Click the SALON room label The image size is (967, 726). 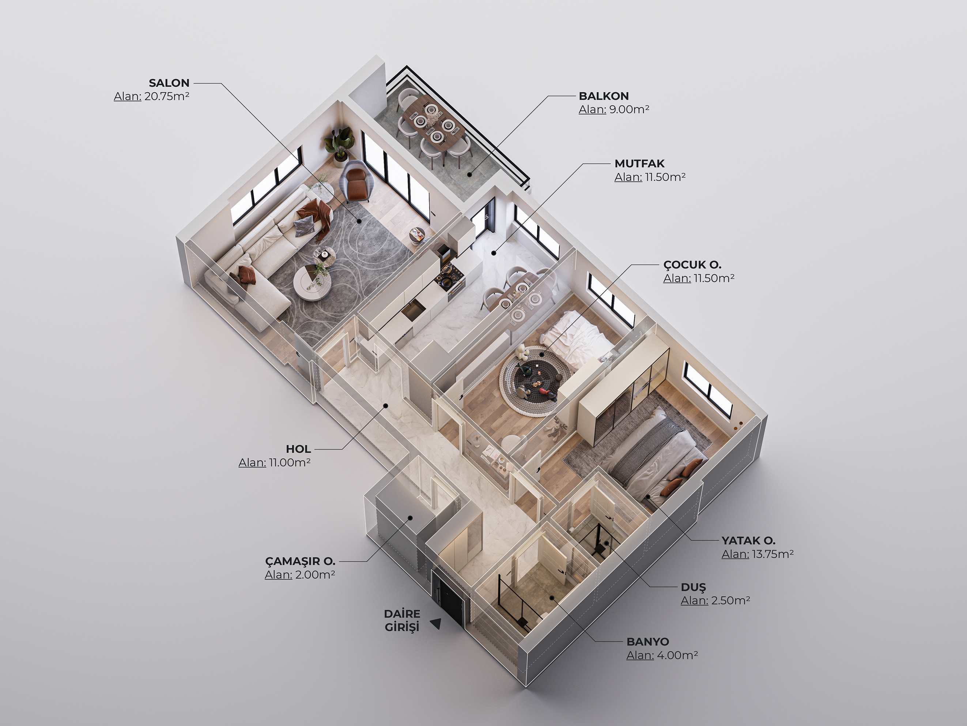point(169,83)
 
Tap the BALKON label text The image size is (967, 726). point(604,96)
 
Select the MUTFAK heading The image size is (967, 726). point(639,164)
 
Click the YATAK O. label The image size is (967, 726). point(748,540)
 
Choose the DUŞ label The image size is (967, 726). point(693,587)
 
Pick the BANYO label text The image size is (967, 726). point(648,642)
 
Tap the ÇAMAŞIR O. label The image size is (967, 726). point(300,561)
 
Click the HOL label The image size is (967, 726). point(299,449)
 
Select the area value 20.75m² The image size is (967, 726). point(167,96)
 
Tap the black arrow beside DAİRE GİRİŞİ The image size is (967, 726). point(435,624)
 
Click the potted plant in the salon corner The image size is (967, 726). point(337,145)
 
